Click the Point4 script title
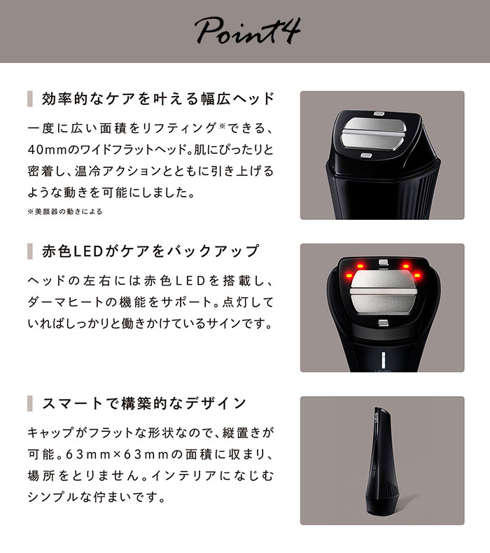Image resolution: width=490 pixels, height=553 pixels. pos(244,31)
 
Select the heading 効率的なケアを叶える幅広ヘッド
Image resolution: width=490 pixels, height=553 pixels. pos(158,99)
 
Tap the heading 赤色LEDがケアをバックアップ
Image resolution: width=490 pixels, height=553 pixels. pos(150,251)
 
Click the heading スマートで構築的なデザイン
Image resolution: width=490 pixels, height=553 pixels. pos(144,403)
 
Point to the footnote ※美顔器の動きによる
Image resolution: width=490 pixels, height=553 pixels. pos(64,211)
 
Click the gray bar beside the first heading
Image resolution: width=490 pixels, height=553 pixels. pos(30,99)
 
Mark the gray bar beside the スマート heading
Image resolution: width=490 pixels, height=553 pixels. pos(30,403)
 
